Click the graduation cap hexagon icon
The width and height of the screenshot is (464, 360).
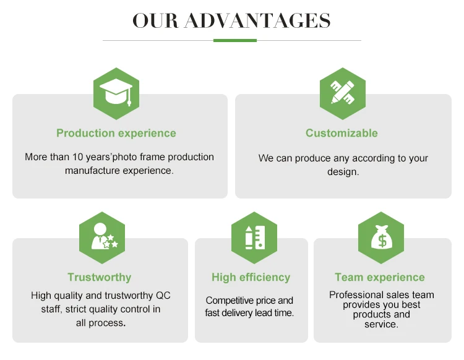pos(116,94)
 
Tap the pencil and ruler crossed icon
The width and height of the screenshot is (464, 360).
pos(342,94)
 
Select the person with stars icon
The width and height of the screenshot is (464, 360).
pos(102,238)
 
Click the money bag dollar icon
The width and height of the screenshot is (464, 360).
pos(381,238)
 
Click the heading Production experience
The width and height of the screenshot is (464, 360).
pos(116,133)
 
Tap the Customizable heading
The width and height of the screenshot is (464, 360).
pos(342,133)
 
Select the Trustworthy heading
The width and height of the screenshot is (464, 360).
pos(100,277)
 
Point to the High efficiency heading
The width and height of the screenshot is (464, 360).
pos(251,277)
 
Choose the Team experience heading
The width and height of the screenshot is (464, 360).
pos(380,277)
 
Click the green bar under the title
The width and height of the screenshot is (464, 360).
pos(235,40)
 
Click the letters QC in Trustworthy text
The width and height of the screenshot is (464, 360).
pos(163,296)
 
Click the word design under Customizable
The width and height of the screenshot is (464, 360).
pos(342,171)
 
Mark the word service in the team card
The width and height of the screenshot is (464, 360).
pos(380,324)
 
